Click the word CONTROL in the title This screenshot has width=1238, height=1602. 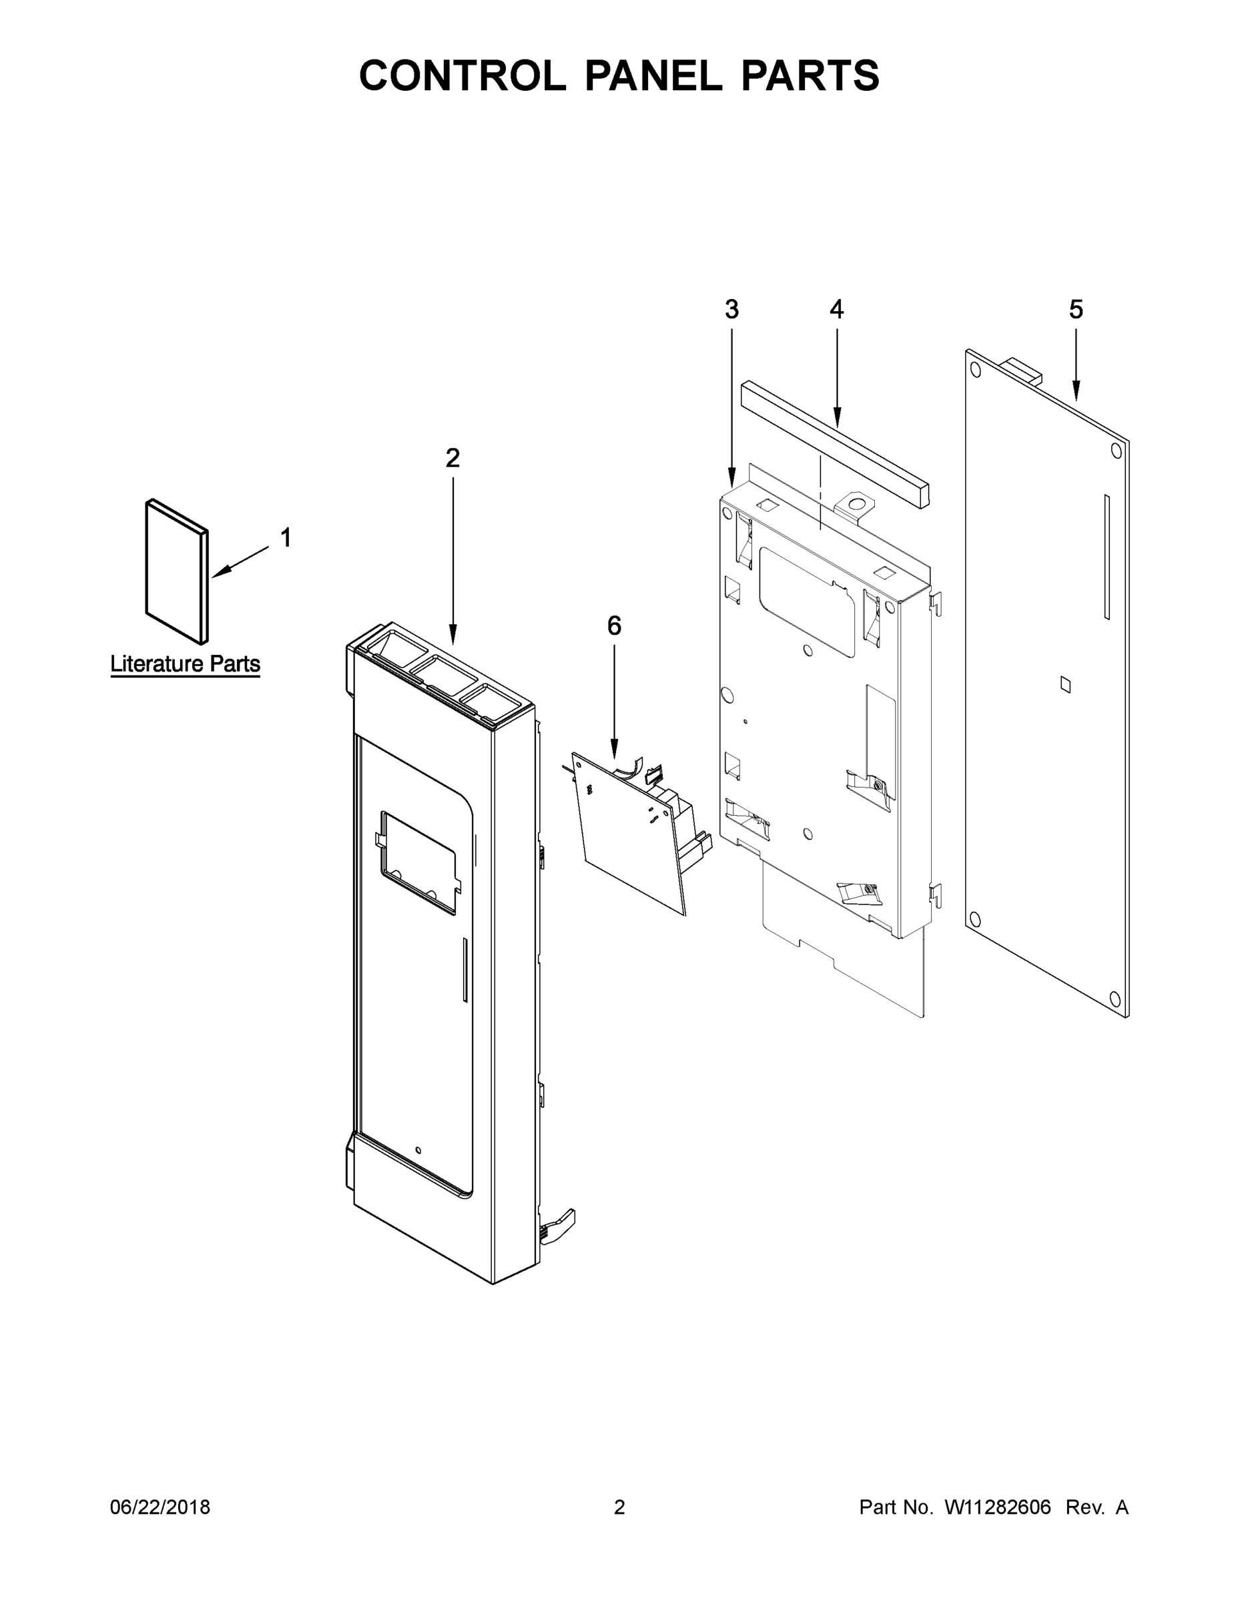[462, 75]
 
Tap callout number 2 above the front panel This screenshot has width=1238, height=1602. [452, 458]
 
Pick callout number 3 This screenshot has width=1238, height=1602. [731, 310]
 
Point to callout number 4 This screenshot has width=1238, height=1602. [836, 310]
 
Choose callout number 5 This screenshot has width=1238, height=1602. [1075, 310]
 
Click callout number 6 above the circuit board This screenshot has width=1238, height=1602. [614, 625]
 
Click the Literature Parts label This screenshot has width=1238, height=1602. [185, 664]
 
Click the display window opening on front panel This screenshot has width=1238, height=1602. [417, 862]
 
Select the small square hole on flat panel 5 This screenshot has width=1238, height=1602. [1065, 684]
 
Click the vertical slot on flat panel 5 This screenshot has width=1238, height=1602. [1107, 557]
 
